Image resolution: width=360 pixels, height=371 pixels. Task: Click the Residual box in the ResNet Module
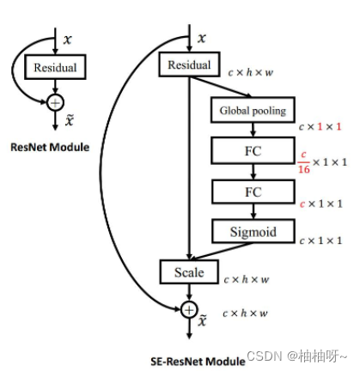56,66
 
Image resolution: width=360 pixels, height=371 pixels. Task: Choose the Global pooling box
252,111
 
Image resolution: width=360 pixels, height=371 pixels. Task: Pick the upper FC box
252,151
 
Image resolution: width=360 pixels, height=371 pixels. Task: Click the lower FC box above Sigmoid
252,191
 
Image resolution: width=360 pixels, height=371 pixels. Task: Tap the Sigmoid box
252,230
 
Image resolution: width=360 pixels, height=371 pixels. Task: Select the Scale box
188,272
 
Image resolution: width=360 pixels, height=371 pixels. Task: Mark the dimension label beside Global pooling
320,126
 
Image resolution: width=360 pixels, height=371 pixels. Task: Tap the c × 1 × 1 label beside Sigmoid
320,242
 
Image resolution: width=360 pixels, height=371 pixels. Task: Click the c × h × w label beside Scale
247,279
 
